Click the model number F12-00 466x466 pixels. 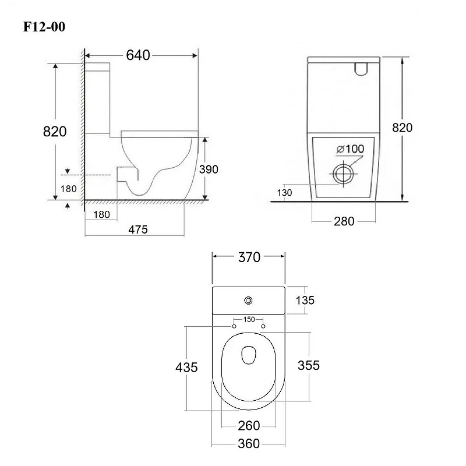pyautogui.click(x=44, y=27)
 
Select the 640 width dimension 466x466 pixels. pyautogui.click(x=138, y=55)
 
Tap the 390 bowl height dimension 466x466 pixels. pyautogui.click(x=209, y=170)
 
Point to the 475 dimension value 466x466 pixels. pyautogui.click(x=138, y=230)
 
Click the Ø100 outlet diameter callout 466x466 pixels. pyautogui.click(x=350, y=149)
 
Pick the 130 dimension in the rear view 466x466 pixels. pyautogui.click(x=284, y=193)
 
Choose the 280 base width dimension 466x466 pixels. pyautogui.click(x=344, y=221)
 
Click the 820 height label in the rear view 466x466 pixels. pyautogui.click(x=402, y=128)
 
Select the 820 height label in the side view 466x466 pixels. pyautogui.click(x=55, y=132)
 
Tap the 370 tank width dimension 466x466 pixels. pyautogui.click(x=249, y=257)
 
